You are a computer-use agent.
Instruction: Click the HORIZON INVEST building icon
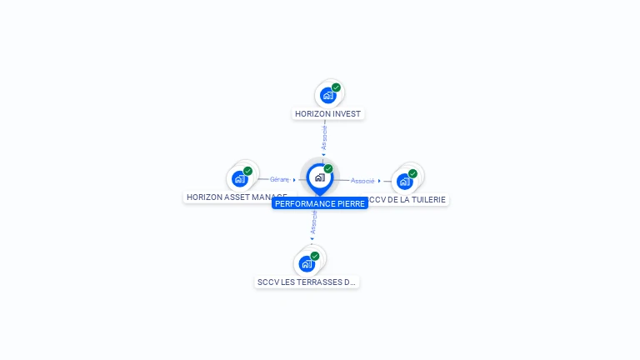click(327, 95)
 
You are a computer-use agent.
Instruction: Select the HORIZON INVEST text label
click(328, 113)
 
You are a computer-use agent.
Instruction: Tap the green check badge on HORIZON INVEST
click(336, 87)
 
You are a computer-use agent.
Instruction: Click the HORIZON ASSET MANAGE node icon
click(239, 178)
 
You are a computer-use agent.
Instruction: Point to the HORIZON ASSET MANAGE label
click(237, 197)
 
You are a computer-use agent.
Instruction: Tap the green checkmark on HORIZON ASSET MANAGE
click(247, 171)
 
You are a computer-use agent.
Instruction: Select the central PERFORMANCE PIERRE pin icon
click(319, 177)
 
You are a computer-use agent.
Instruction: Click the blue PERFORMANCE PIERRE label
click(320, 203)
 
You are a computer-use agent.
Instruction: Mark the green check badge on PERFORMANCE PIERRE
click(328, 169)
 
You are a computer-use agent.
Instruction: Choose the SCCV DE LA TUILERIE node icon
click(404, 181)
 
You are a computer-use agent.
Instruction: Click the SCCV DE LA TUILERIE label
click(408, 200)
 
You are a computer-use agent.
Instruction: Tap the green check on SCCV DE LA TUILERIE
click(412, 173)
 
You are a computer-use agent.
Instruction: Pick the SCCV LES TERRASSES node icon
click(306, 263)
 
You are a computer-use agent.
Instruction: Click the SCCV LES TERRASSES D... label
click(307, 282)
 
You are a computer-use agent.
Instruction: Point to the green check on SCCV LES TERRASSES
click(314, 256)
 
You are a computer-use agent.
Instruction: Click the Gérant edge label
click(279, 179)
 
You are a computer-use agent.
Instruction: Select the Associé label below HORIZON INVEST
click(324, 137)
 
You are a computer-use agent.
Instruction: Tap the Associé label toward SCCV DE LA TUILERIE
click(362, 181)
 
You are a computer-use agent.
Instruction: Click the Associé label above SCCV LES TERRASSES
click(314, 222)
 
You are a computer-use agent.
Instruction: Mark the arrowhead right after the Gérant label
click(294, 180)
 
